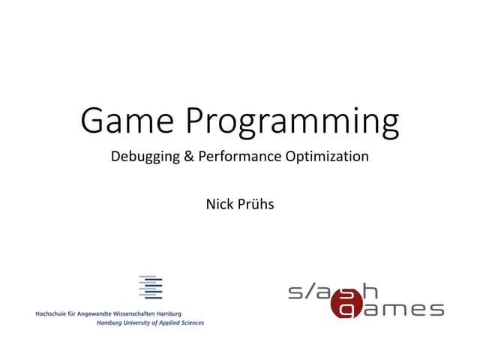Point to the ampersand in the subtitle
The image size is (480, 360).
click(187, 157)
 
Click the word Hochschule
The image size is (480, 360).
click(52, 313)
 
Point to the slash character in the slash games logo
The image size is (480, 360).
click(314, 292)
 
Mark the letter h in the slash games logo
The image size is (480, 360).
click(370, 290)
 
